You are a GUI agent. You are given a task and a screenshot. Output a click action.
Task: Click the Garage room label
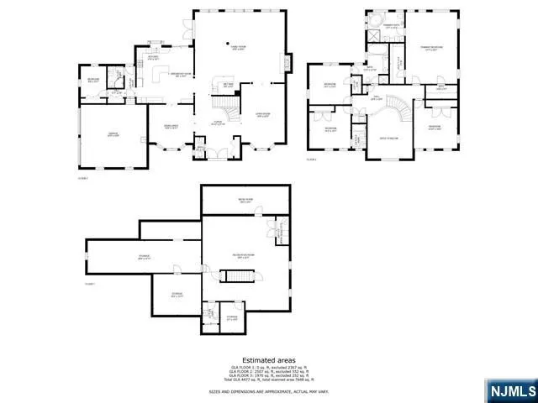(113, 134)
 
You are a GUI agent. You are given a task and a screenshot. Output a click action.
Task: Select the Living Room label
(261, 115)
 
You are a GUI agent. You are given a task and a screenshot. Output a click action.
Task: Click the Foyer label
(216, 123)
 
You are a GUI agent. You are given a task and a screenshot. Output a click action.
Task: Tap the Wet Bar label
(228, 85)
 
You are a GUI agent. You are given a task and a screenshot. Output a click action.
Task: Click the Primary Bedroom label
(430, 48)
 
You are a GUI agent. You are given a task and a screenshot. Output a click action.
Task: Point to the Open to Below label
(388, 137)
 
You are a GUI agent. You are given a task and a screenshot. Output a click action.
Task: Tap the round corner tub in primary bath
(375, 20)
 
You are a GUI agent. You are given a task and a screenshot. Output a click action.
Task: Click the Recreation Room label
(244, 255)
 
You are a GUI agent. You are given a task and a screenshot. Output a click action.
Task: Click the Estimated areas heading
(269, 359)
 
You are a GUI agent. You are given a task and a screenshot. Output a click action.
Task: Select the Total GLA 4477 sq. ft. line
(269, 380)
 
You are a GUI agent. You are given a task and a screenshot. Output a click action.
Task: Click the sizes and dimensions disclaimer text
(269, 391)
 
